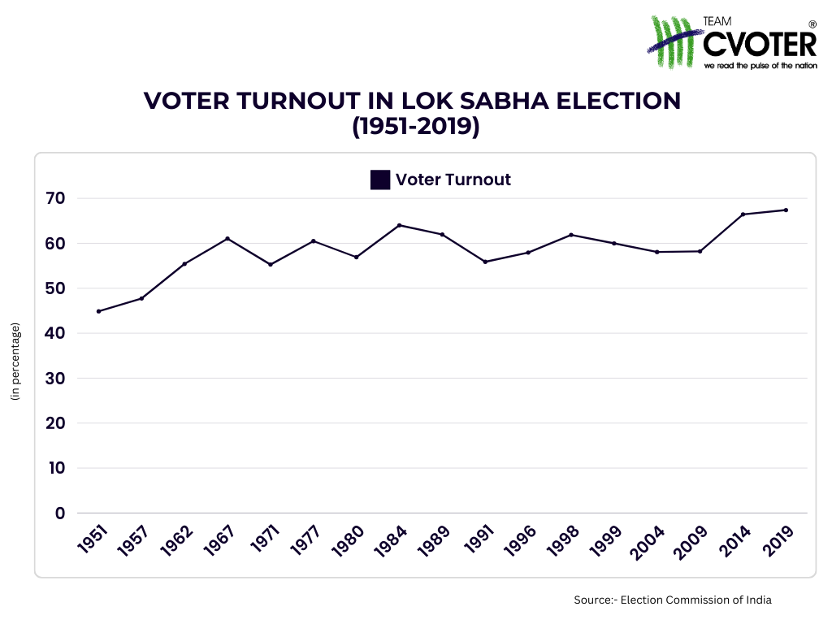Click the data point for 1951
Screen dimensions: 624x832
[x=98, y=311]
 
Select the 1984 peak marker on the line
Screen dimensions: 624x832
[x=399, y=225]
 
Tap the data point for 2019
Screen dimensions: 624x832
[x=786, y=210]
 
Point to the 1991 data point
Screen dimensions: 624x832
[x=485, y=262]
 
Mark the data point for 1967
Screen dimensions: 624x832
[x=227, y=238]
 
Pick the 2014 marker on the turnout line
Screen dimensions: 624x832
[x=743, y=214]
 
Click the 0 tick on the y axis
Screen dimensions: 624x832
[x=60, y=513]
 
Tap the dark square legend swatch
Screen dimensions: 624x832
[x=380, y=180]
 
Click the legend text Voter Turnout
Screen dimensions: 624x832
[x=453, y=180]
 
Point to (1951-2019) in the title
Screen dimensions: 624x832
[x=415, y=127]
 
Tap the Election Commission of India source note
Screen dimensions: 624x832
[x=672, y=600]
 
